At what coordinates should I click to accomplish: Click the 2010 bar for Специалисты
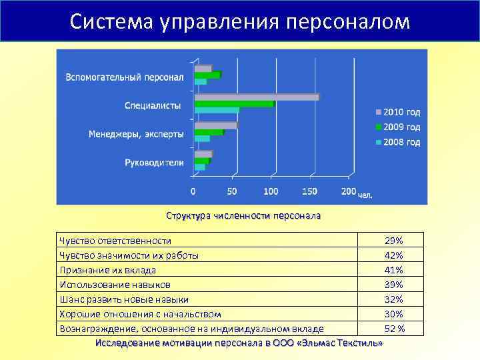coord(256,97)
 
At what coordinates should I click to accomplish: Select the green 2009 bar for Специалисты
coord(233,104)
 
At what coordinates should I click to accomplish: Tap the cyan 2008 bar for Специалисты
coord(216,110)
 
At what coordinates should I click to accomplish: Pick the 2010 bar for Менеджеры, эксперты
coord(215,125)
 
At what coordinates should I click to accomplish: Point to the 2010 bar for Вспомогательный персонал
coord(203,68)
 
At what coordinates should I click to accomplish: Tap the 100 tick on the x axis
coord(271,191)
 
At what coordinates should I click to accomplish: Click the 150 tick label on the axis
coord(309,191)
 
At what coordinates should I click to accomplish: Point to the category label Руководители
coord(154,162)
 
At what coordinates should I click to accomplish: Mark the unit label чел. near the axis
coord(366,195)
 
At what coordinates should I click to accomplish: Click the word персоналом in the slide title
coord(347,21)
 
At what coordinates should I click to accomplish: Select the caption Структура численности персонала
coord(243,216)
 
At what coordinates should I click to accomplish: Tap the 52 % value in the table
coord(394,329)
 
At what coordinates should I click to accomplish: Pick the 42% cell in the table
coord(394,255)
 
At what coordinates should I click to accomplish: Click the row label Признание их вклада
coord(107,270)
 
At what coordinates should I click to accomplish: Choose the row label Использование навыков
coord(110,285)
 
